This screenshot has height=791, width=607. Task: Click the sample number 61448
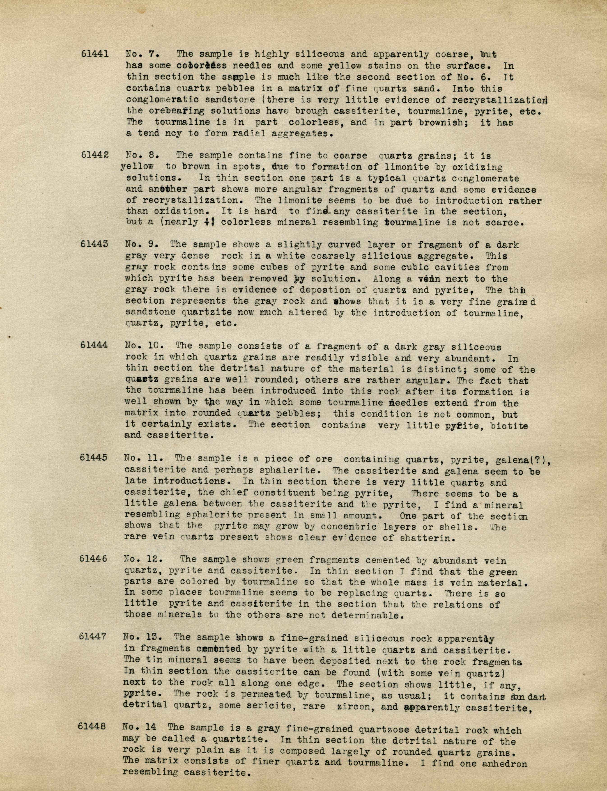[92, 726]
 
